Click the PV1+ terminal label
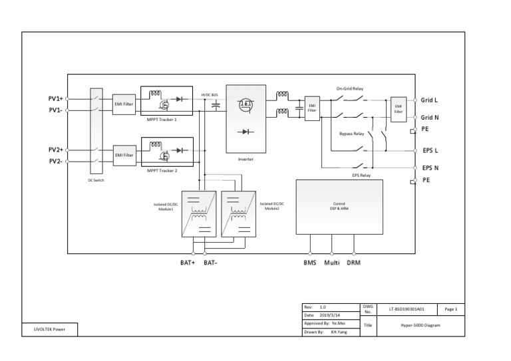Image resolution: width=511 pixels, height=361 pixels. [55, 99]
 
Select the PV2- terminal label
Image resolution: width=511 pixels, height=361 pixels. [55, 161]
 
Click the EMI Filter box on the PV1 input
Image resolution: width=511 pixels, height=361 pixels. [124, 104]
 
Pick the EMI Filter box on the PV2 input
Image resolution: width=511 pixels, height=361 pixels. [124, 155]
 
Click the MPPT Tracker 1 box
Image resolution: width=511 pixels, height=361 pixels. [167, 100]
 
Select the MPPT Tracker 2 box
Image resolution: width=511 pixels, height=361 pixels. [167, 151]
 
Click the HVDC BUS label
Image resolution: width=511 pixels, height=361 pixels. [210, 96]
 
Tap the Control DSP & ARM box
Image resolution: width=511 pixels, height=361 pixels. [339, 206]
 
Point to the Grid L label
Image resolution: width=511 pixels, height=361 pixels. [430, 100]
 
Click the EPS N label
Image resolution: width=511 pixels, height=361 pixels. [430, 168]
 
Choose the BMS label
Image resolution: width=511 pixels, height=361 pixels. [310, 263]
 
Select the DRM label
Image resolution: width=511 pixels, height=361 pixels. [353, 263]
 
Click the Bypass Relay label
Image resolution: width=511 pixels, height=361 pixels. [352, 134]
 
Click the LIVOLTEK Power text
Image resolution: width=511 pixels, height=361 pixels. [50, 329]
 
